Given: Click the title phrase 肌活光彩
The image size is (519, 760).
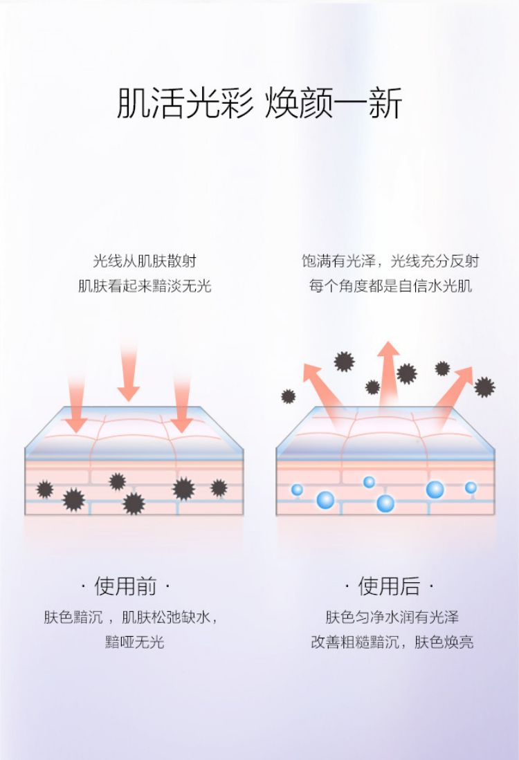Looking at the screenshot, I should pos(185,104).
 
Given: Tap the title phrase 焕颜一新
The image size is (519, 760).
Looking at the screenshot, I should pos(333,104).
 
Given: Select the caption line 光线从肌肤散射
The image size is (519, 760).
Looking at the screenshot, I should pos(145,261).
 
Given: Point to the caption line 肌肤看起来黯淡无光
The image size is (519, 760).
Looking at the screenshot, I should pos(145,285).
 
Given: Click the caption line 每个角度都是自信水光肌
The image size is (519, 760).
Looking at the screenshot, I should pos(390,285).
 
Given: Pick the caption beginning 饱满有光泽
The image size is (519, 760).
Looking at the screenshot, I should pos(390,261).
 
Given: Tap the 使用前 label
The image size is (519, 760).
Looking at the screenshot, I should pos(125,587).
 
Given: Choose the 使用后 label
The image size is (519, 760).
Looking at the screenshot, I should pos(389,587).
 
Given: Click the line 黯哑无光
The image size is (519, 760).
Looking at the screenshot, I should pos(134,642).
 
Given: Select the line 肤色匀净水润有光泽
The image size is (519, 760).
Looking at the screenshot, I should pos(392,617).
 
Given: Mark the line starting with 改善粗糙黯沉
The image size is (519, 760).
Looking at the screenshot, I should pos(392,642).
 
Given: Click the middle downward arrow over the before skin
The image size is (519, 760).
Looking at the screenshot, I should pos(129,370).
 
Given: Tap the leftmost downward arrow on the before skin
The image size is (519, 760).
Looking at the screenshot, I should pos(77,405).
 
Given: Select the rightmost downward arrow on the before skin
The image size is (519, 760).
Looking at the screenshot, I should pos(182,405).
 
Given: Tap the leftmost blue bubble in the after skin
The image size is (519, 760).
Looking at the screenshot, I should pos(297,490).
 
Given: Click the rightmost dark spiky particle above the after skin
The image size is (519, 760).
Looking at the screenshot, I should pos(484,387).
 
